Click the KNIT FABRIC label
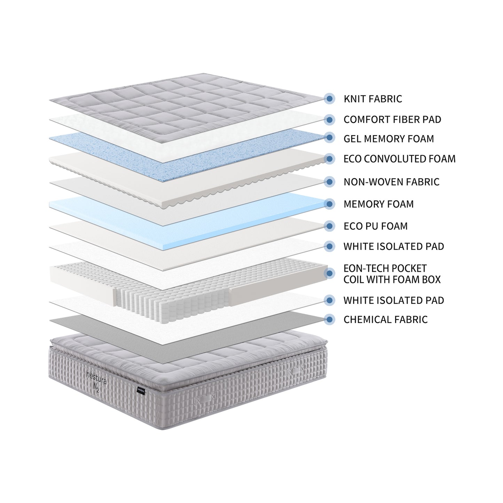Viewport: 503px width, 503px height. pyautogui.click(x=372, y=99)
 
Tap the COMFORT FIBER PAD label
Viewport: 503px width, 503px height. pyautogui.click(x=392, y=119)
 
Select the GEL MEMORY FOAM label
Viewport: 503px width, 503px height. pyautogui.click(x=388, y=139)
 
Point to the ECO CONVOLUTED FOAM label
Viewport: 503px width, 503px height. pyautogui.click(x=399, y=159)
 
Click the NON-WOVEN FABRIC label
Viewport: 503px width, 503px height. pyautogui.click(x=391, y=182)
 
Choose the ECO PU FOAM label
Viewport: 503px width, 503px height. pyautogui.click(x=375, y=226)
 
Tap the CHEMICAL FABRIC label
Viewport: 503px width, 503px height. pyautogui.click(x=385, y=320)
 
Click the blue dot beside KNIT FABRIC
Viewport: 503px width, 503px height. pyautogui.click(x=329, y=99)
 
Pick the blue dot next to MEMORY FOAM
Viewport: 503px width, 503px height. pyautogui.click(x=329, y=204)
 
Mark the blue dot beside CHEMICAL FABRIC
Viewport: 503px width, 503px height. pyautogui.click(x=329, y=319)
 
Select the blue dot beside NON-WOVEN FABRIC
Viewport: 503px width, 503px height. pyautogui.click(x=329, y=181)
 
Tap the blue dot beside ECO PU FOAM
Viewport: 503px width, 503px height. pyautogui.click(x=329, y=226)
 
